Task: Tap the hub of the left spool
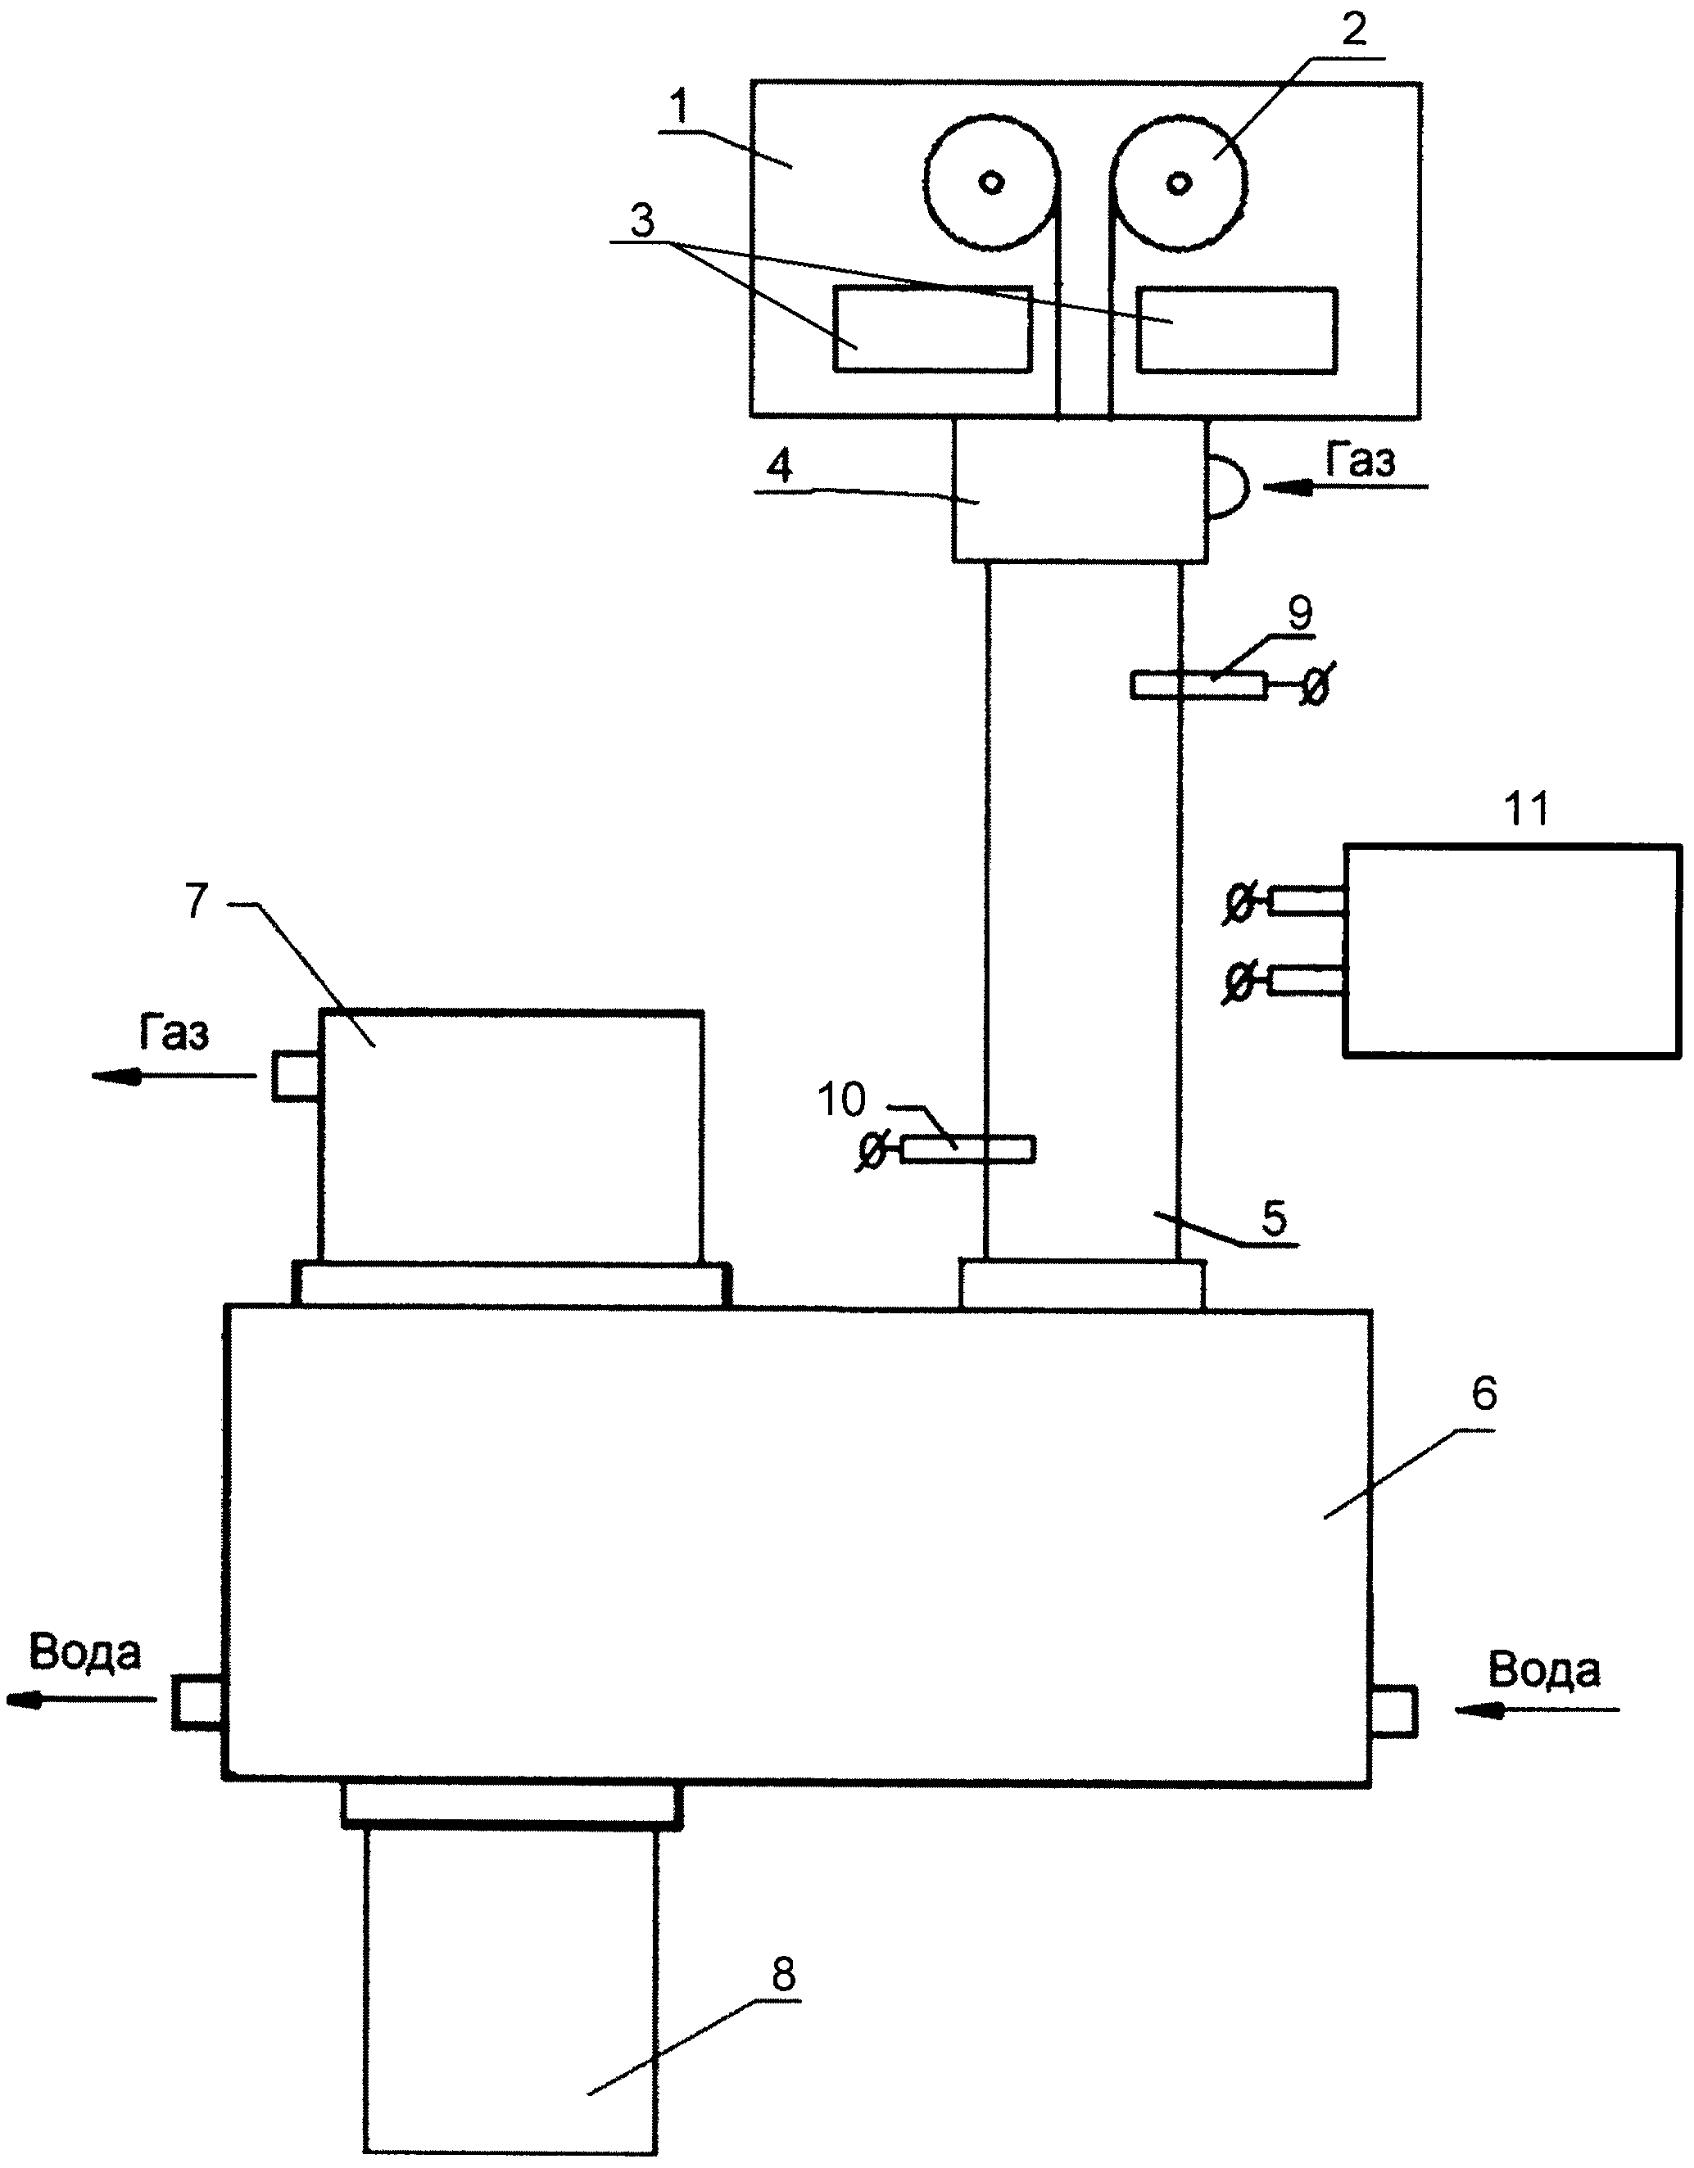(x=991, y=182)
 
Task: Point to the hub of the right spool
(x=1179, y=182)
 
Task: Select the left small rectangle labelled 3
(x=931, y=330)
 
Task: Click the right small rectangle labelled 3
(x=1236, y=330)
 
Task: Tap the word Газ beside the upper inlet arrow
(x=1361, y=462)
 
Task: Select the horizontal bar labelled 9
(x=1198, y=685)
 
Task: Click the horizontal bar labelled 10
(x=968, y=1149)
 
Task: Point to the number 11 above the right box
(x=1526, y=810)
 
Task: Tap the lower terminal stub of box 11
(x=1307, y=980)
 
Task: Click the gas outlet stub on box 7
(x=295, y=1076)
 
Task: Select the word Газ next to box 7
(x=174, y=1034)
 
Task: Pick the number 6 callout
(x=1483, y=1394)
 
